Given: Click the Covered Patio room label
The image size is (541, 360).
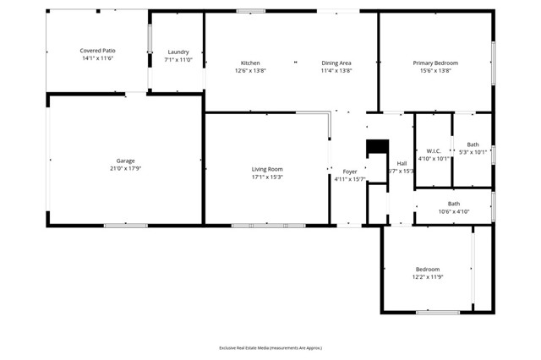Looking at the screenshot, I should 98,51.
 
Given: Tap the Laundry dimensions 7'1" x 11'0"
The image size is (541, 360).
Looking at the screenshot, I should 178,60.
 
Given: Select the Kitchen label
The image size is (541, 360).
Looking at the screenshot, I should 250,63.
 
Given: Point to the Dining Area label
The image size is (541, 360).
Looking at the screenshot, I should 336,63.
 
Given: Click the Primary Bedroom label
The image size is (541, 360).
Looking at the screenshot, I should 435,63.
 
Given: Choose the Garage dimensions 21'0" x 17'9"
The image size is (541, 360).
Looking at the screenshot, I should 125,168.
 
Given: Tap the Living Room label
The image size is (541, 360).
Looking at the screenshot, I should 266,169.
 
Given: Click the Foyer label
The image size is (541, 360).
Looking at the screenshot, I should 349,171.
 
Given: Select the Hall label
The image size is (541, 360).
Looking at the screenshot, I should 402,163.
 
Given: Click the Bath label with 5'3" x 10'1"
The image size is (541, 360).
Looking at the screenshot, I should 473,145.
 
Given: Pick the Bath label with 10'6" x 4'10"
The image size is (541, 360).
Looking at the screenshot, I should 454,204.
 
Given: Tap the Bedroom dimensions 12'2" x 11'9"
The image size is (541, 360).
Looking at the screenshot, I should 427,277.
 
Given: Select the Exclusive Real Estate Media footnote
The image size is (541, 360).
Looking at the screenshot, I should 270,347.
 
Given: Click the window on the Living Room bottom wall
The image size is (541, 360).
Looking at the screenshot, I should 268,226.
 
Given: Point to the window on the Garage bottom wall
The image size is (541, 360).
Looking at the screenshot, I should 126,226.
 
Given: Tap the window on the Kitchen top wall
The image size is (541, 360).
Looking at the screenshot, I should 250,11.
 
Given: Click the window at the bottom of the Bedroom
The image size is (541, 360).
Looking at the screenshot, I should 437,313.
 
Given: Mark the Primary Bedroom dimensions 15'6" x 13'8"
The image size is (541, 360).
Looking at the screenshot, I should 435,71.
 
